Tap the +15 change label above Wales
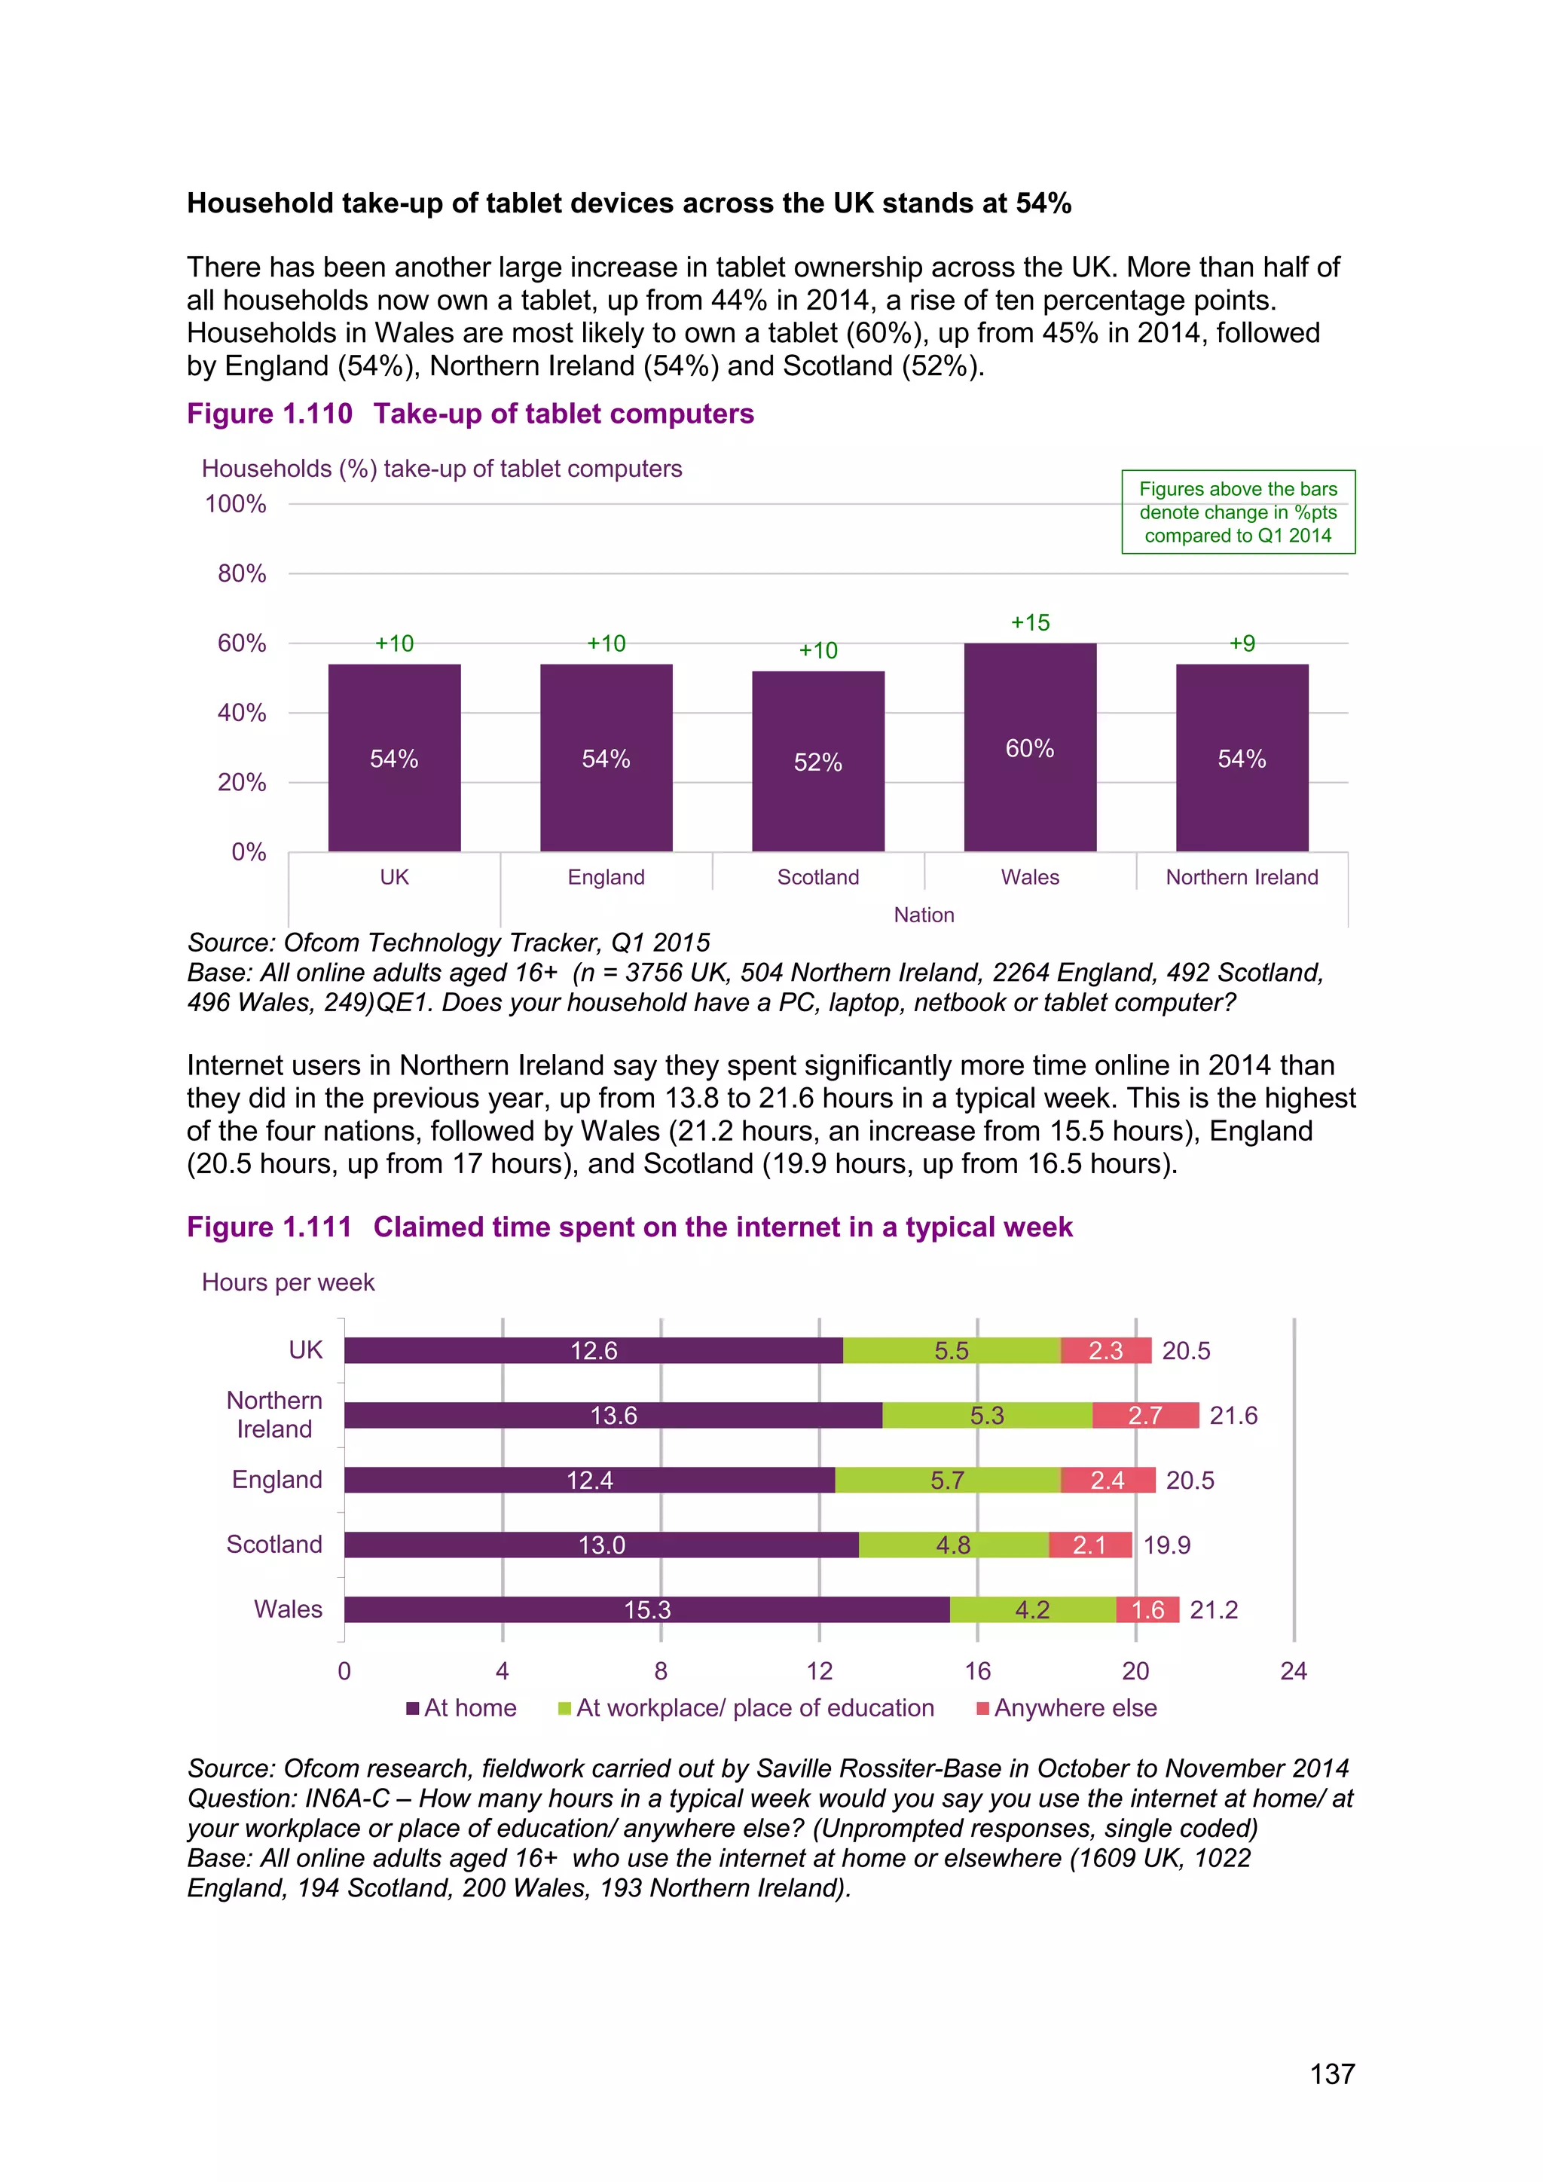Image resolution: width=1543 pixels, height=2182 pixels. [x=1030, y=622]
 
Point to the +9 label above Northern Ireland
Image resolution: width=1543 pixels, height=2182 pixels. [x=1242, y=643]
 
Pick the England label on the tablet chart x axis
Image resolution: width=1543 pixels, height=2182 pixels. [x=607, y=877]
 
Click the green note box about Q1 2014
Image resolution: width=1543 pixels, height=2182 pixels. [x=1238, y=512]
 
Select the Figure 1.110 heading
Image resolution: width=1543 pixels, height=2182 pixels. [x=470, y=414]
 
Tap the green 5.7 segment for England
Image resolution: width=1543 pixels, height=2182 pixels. [x=947, y=1480]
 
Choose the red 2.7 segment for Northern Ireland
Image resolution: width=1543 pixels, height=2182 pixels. [x=1145, y=1415]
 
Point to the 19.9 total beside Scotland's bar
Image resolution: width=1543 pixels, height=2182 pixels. [x=1167, y=1545]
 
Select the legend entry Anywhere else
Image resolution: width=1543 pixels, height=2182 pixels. [x=1067, y=1708]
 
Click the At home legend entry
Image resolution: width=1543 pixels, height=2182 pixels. [x=462, y=1708]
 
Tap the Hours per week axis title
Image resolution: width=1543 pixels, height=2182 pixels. [x=288, y=1282]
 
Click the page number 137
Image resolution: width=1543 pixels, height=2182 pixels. [x=1332, y=2074]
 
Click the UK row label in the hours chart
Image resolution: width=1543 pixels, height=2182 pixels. [x=305, y=1349]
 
